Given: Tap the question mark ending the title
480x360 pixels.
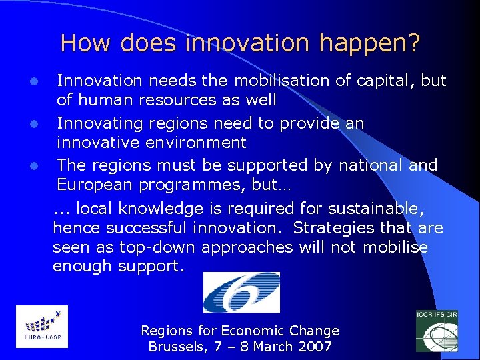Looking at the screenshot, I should point(414,43).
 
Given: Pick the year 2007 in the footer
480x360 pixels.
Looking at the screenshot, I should point(315,347).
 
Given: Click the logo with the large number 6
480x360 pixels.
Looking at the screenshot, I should point(241,292).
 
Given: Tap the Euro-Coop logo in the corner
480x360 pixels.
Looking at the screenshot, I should point(41,326).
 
